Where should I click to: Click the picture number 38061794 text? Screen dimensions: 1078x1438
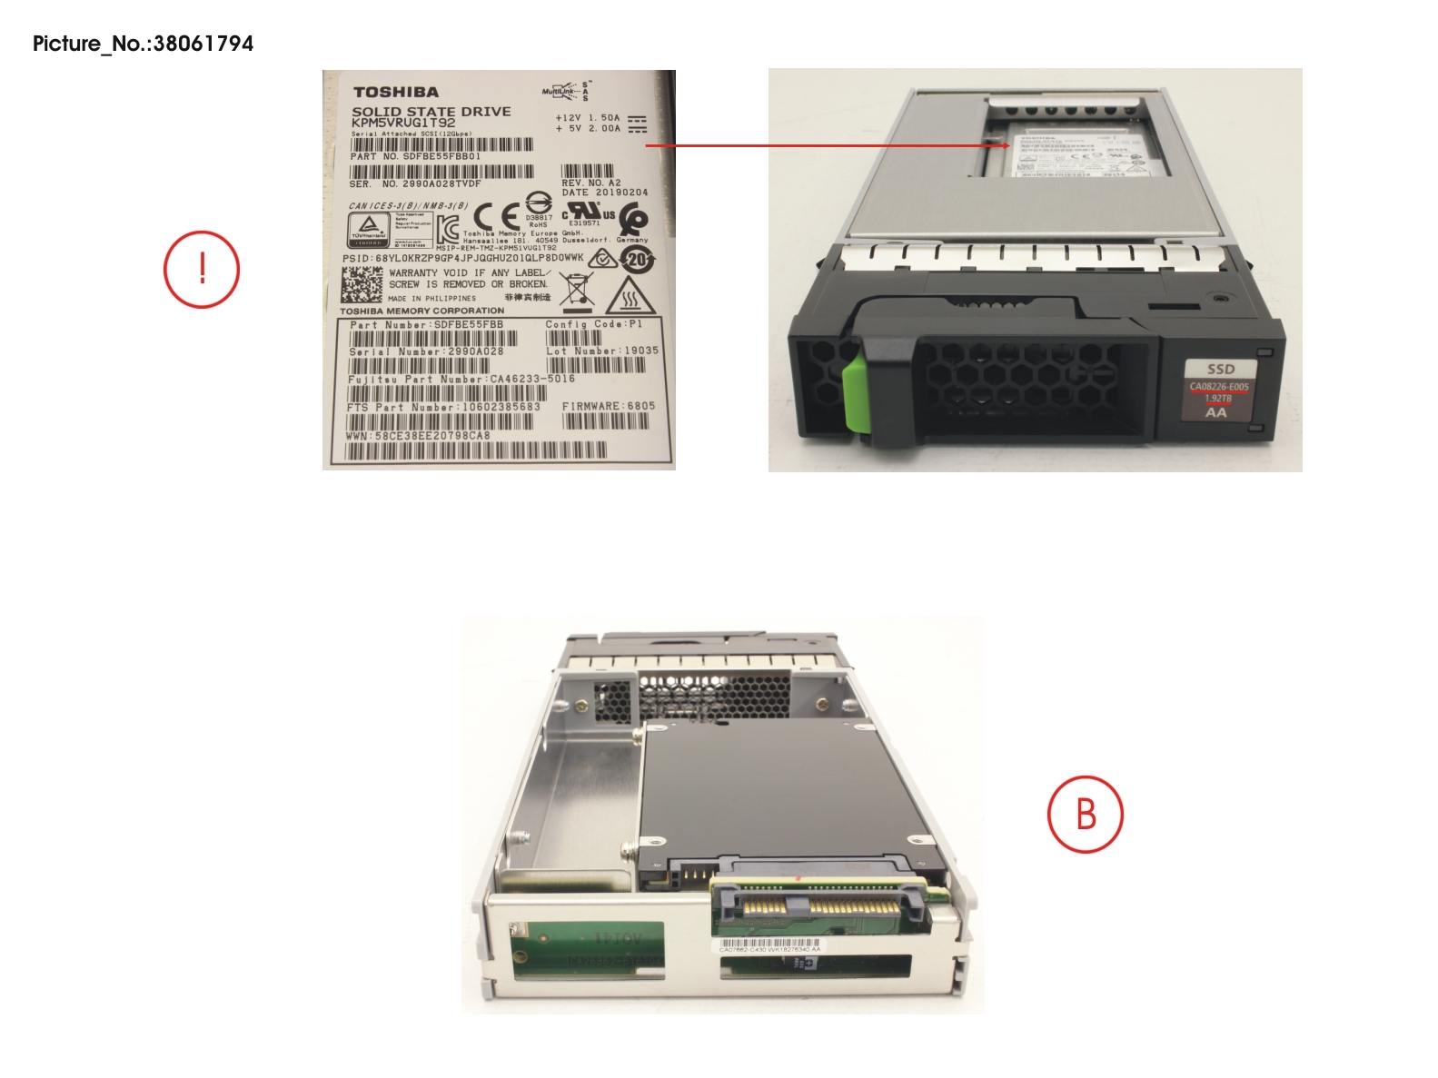pyautogui.click(x=143, y=44)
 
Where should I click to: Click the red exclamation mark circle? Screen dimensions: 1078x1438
pyautogui.click(x=202, y=270)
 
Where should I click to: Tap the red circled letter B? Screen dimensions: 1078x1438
pyautogui.click(x=1086, y=814)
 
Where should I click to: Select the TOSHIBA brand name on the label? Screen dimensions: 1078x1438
pyautogui.click(x=396, y=92)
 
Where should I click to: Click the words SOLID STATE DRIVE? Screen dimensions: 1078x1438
pyautogui.click(x=431, y=111)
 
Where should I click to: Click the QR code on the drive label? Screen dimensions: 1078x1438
pyautogui.click(x=362, y=285)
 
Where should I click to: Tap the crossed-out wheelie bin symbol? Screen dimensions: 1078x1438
pyautogui.click(x=576, y=290)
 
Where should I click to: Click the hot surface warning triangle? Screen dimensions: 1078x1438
pyautogui.click(x=626, y=295)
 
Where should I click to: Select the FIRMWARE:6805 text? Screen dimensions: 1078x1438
pyautogui.click(x=608, y=406)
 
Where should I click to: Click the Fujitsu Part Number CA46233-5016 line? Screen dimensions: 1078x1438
pyautogui.click(x=461, y=379)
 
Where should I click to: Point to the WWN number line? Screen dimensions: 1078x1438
pyautogui.click(x=418, y=436)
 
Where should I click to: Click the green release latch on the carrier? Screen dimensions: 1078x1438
pyautogui.click(x=855, y=394)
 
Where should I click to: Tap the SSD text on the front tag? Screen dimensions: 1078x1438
pyautogui.click(x=1220, y=369)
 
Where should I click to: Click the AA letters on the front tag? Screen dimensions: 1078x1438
pyautogui.click(x=1215, y=412)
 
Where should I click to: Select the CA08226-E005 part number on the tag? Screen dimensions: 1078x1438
pyautogui.click(x=1219, y=387)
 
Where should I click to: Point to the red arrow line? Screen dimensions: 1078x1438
pyautogui.click(x=827, y=144)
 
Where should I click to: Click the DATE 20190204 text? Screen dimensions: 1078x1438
pyautogui.click(x=605, y=193)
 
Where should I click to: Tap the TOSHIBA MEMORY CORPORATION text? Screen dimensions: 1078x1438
pyautogui.click(x=422, y=311)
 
